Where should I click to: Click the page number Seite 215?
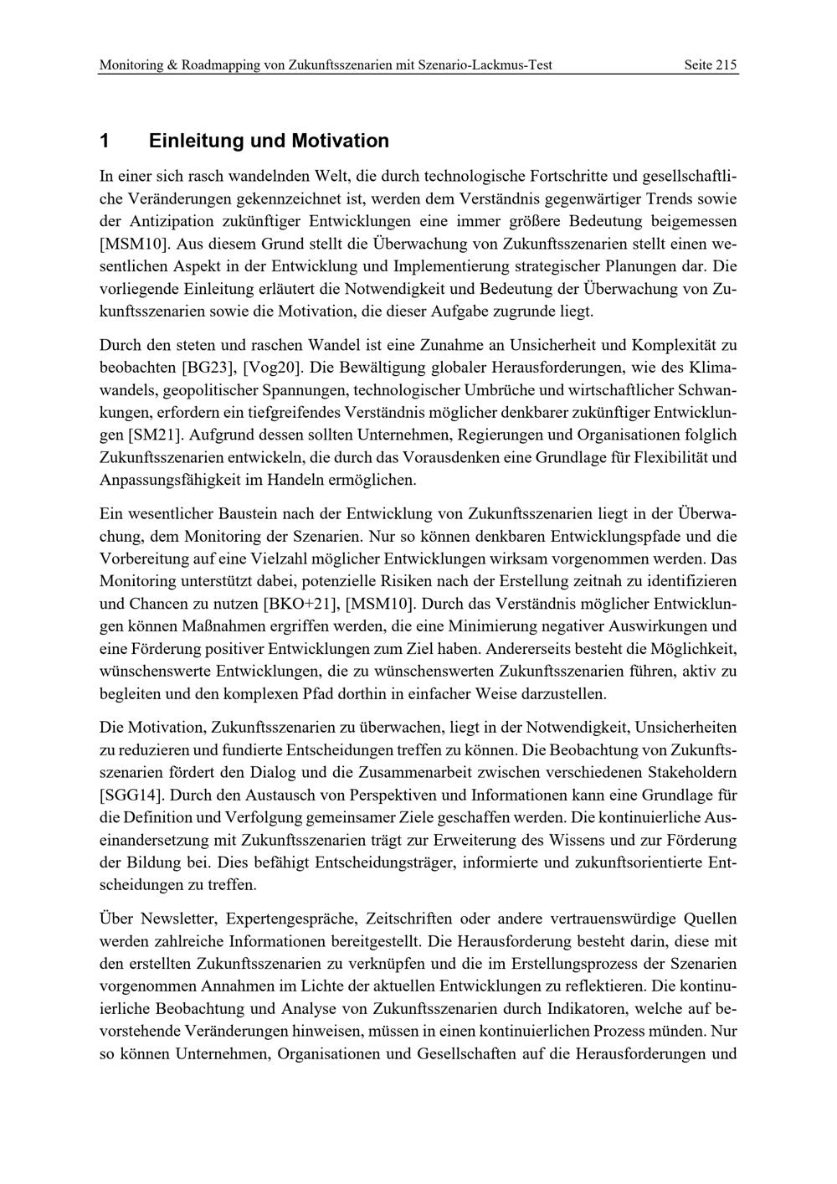710,64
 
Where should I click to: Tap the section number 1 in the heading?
104,141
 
